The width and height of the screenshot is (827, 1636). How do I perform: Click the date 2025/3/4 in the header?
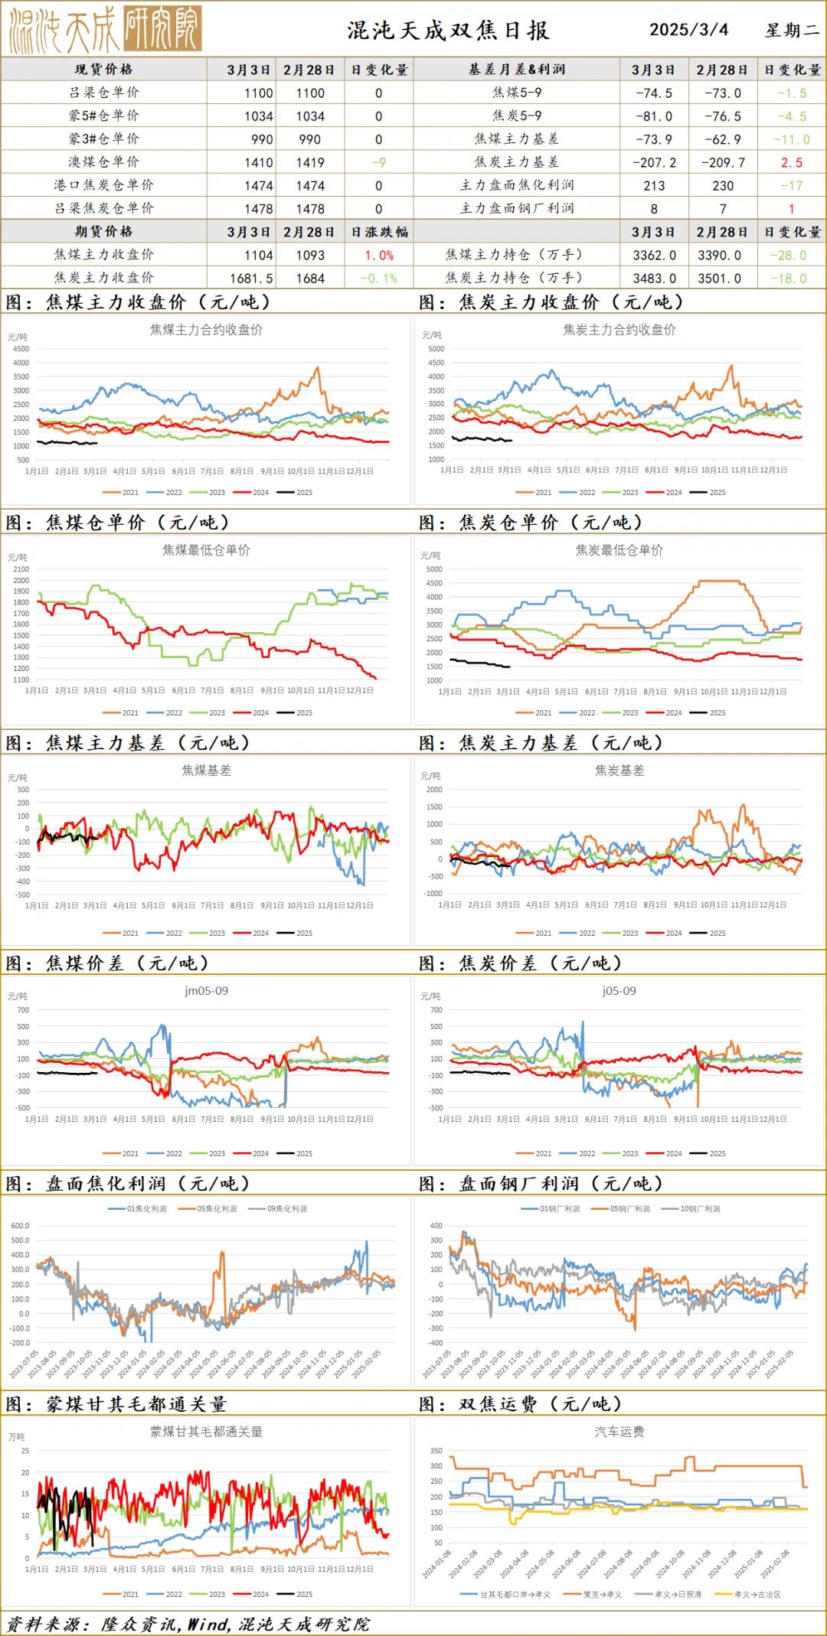(x=688, y=30)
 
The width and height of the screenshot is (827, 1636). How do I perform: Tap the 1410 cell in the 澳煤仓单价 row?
(x=258, y=162)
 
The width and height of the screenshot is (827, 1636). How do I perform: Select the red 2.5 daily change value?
(x=792, y=162)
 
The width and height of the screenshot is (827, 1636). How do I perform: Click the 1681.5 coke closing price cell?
(x=251, y=279)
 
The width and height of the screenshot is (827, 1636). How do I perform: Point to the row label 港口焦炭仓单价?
(x=103, y=185)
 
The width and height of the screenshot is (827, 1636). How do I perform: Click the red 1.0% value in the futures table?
(x=379, y=256)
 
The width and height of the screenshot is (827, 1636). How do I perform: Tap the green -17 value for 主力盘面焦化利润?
(x=792, y=185)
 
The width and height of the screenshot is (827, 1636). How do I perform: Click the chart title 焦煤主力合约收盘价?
(x=206, y=330)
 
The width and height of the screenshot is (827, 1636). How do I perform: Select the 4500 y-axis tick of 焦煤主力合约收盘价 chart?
(x=21, y=349)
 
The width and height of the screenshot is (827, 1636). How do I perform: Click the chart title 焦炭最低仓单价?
(x=619, y=550)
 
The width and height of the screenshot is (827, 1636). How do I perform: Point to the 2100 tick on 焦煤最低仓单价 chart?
(x=21, y=569)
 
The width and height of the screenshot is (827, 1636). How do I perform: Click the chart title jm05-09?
(x=206, y=991)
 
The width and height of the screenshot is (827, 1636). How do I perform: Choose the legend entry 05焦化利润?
(x=217, y=1209)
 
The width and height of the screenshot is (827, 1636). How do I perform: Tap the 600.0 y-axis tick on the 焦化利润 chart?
(x=20, y=1226)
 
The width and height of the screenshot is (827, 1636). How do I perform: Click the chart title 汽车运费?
(x=619, y=1432)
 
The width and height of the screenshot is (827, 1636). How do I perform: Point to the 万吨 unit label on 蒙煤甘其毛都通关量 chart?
(x=17, y=1437)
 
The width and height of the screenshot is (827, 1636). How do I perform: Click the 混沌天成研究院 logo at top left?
(x=105, y=29)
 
